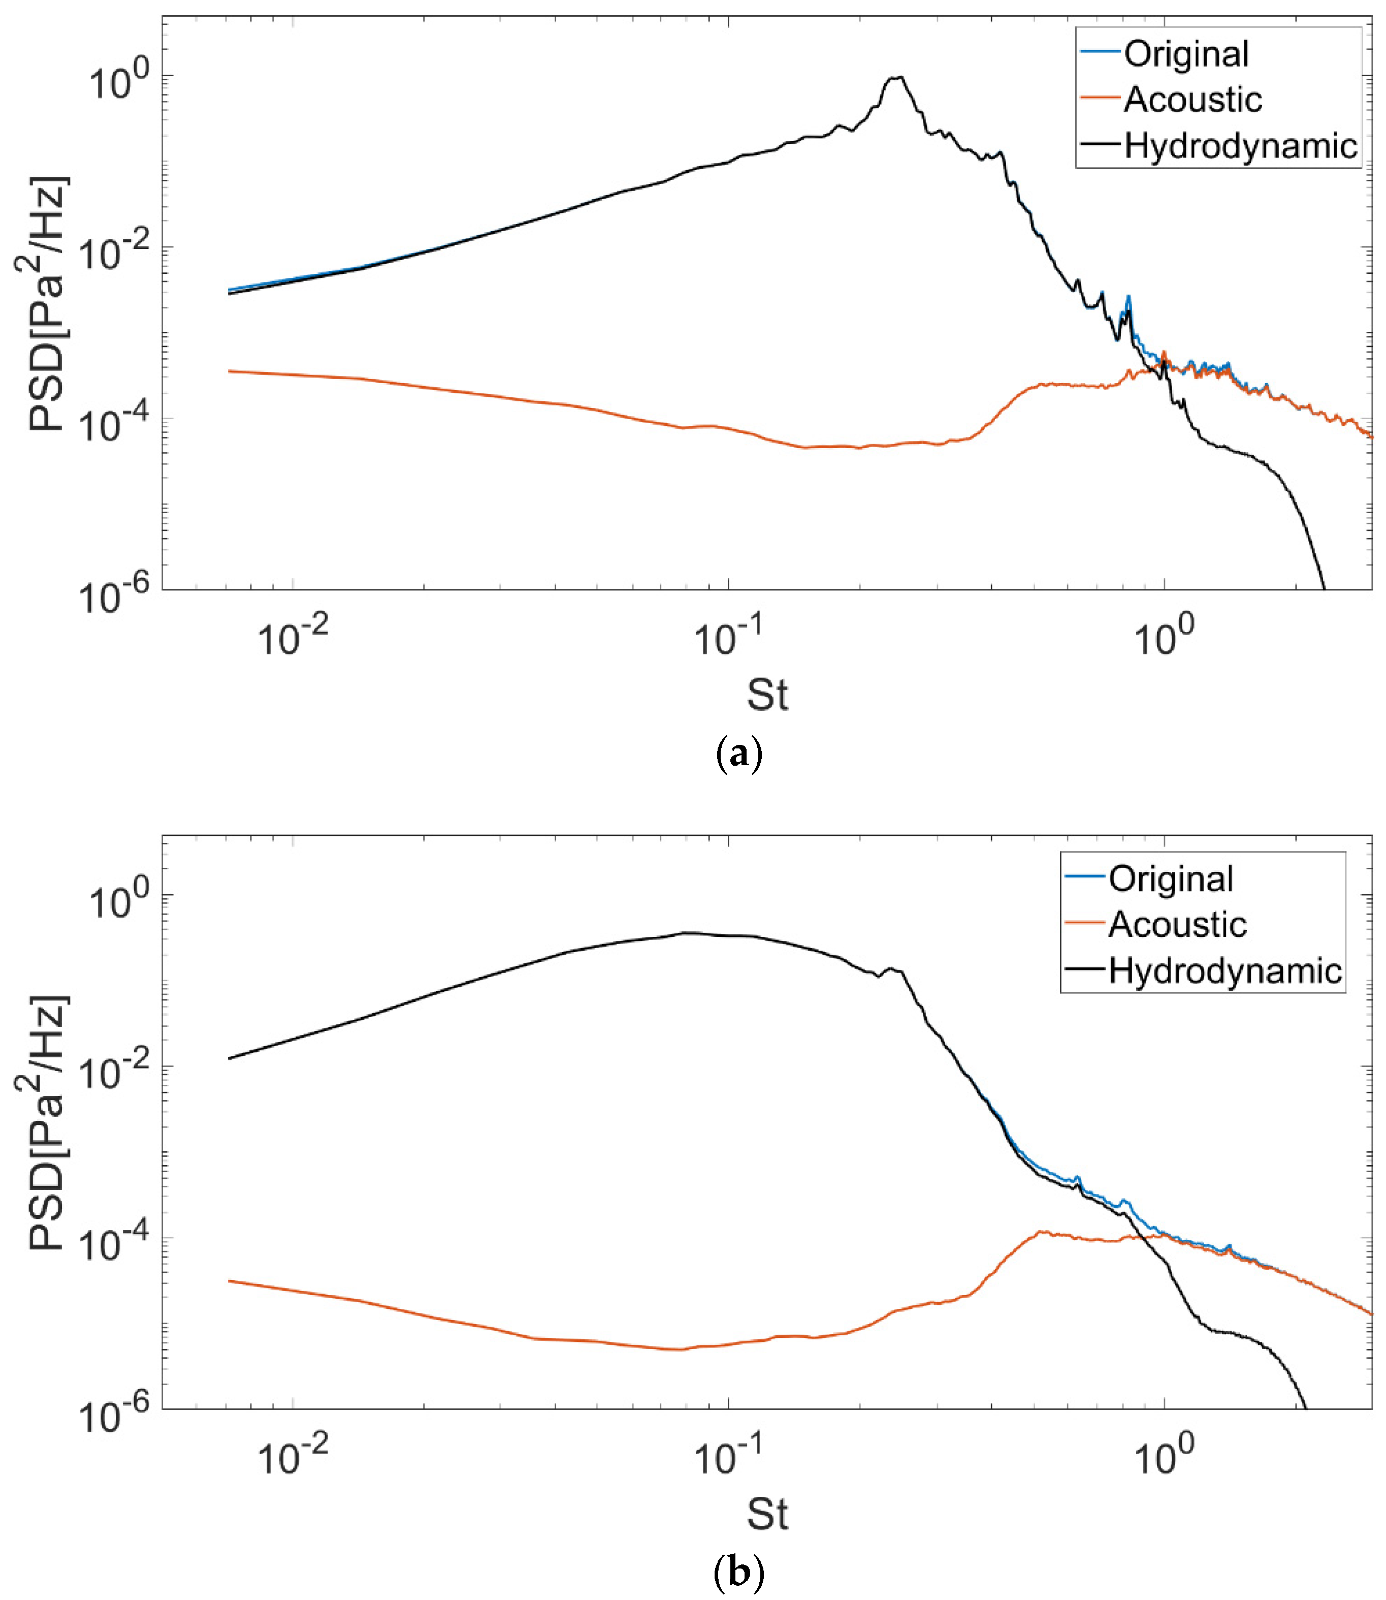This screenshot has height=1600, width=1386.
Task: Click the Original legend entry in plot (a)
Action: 1186,54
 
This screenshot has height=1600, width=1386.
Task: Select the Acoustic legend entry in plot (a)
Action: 1192,100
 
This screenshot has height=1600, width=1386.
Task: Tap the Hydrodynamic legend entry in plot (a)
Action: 1240,145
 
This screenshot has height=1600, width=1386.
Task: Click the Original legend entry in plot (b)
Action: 1170,880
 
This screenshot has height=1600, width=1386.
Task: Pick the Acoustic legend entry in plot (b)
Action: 1176,925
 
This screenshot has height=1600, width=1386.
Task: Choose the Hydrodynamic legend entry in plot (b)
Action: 1224,970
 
